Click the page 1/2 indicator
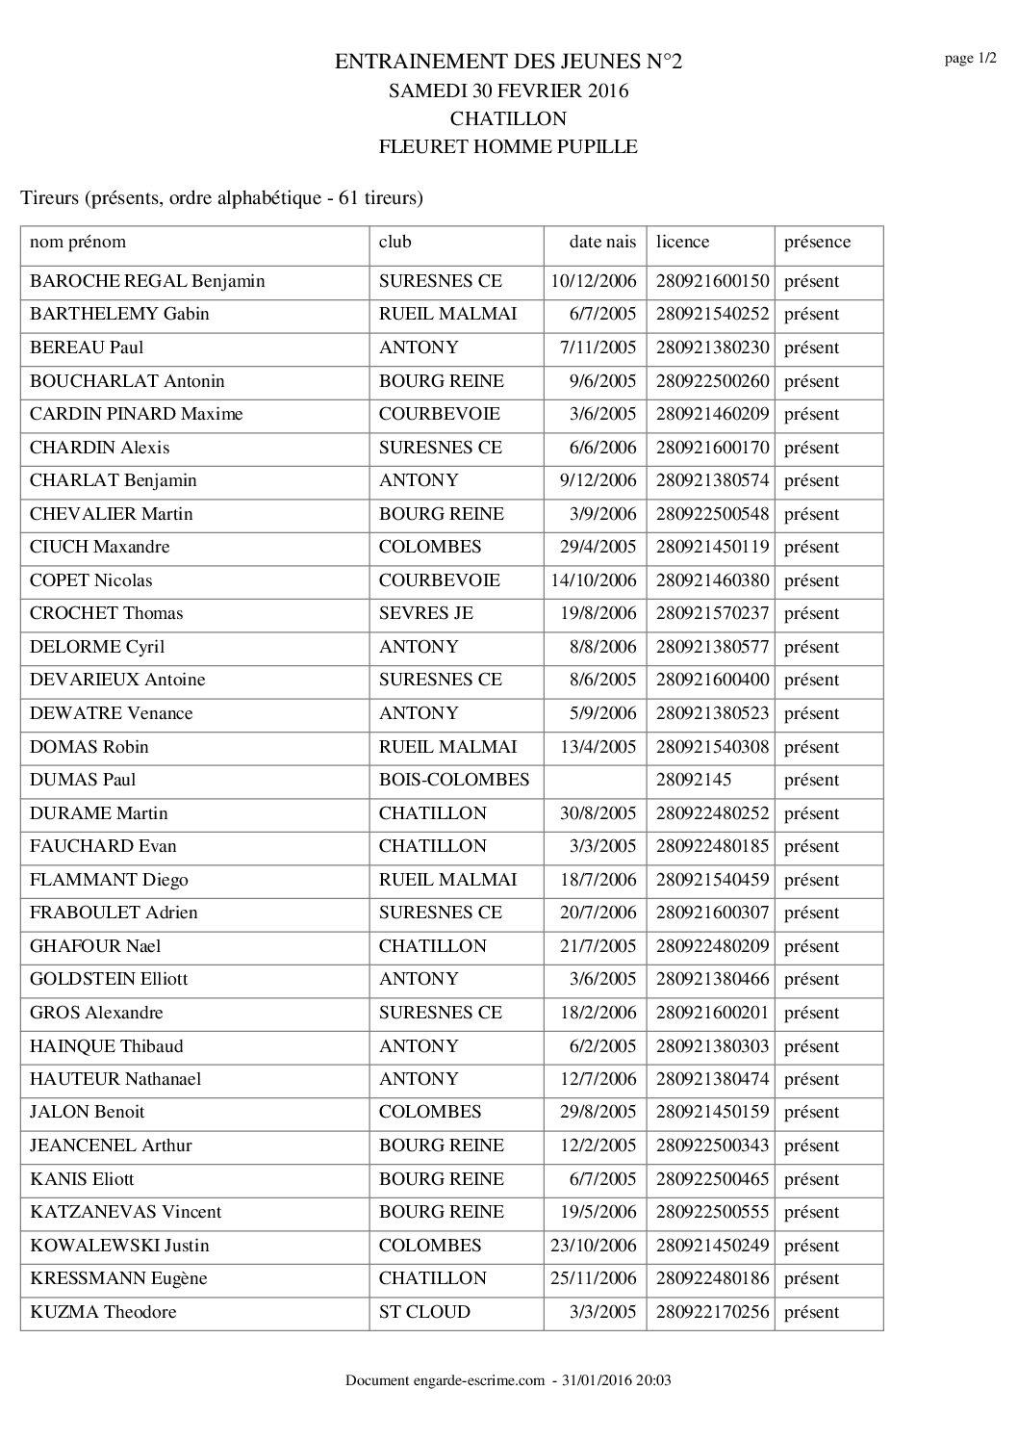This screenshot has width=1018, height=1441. (x=970, y=60)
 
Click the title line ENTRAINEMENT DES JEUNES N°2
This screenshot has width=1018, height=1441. (x=508, y=63)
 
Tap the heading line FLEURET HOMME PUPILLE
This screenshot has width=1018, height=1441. (x=508, y=147)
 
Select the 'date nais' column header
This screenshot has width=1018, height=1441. (x=602, y=243)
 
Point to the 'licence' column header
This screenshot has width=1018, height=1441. (x=682, y=243)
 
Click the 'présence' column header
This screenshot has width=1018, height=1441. (x=817, y=243)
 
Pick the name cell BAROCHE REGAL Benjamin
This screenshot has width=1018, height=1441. (x=147, y=281)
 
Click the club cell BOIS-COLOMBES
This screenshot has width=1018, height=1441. (x=454, y=780)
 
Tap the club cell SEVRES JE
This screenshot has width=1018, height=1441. (x=426, y=613)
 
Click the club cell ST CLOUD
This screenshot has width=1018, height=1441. (x=424, y=1312)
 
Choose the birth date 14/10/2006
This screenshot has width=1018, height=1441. (x=594, y=580)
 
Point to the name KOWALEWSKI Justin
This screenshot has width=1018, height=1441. (x=119, y=1246)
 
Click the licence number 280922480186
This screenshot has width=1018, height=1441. (x=712, y=1278)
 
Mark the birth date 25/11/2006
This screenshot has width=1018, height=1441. (x=594, y=1278)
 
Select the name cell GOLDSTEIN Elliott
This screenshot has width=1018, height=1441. (x=109, y=979)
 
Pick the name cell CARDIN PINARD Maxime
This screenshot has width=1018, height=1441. (x=136, y=414)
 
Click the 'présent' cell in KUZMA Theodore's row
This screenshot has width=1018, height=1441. (x=811, y=1312)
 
